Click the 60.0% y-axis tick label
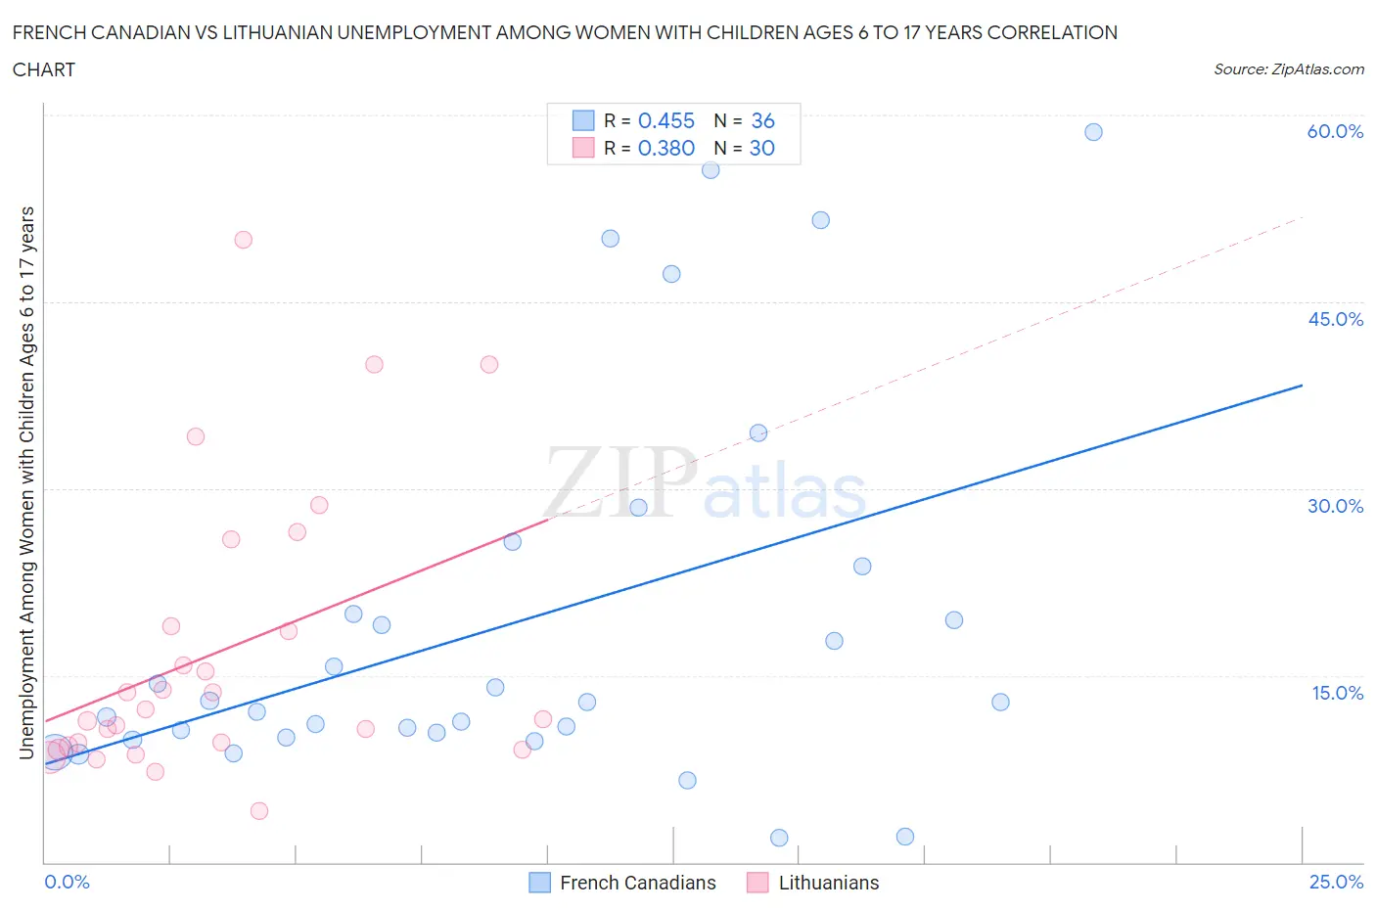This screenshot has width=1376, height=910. pos(1335,131)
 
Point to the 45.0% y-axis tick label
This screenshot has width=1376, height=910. pos(1335,319)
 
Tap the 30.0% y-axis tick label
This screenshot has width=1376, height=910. pos(1335,506)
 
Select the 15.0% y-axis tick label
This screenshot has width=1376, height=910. pos(1337,693)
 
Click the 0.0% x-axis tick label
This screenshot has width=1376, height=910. pos(67,882)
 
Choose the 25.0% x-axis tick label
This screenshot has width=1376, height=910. pos(1336,882)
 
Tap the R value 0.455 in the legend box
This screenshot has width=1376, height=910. pos(666,120)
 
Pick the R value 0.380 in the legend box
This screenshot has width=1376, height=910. pos(666,148)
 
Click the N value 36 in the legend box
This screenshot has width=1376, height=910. pos(762,120)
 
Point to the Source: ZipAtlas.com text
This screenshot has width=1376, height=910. pos(1288,69)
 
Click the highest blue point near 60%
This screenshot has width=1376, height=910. pos(1093,132)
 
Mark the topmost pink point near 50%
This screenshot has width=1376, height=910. pos(244,240)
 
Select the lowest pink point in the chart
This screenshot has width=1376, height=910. pos(259,810)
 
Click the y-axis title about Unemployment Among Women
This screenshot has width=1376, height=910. pos(27,482)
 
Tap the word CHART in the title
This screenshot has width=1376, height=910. pos(44,69)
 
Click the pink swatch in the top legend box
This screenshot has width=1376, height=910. pos(583,148)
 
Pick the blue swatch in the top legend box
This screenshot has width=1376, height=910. pos(583,120)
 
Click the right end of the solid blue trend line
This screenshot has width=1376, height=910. pos(1302,386)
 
